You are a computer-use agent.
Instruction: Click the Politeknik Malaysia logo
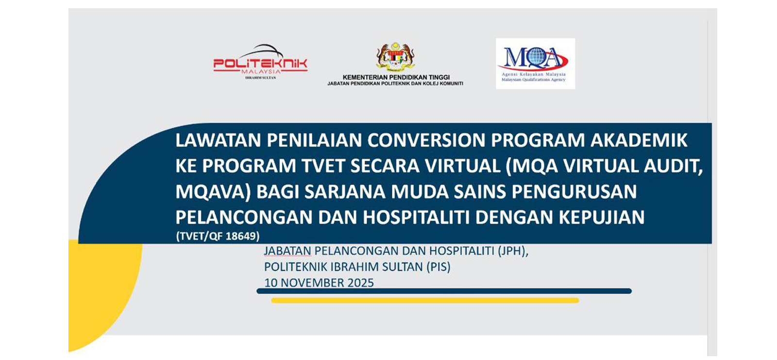(260, 62)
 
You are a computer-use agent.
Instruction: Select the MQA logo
(535, 64)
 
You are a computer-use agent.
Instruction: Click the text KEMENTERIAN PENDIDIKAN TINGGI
(396, 77)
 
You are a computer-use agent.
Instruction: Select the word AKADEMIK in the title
(639, 140)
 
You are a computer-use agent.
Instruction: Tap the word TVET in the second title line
(322, 166)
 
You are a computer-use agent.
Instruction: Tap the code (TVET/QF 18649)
(218, 236)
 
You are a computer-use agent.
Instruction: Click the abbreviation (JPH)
(513, 251)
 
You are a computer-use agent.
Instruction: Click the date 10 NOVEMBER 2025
(319, 283)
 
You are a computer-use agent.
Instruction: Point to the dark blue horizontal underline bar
(444, 291)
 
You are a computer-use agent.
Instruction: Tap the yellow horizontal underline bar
(425, 300)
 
